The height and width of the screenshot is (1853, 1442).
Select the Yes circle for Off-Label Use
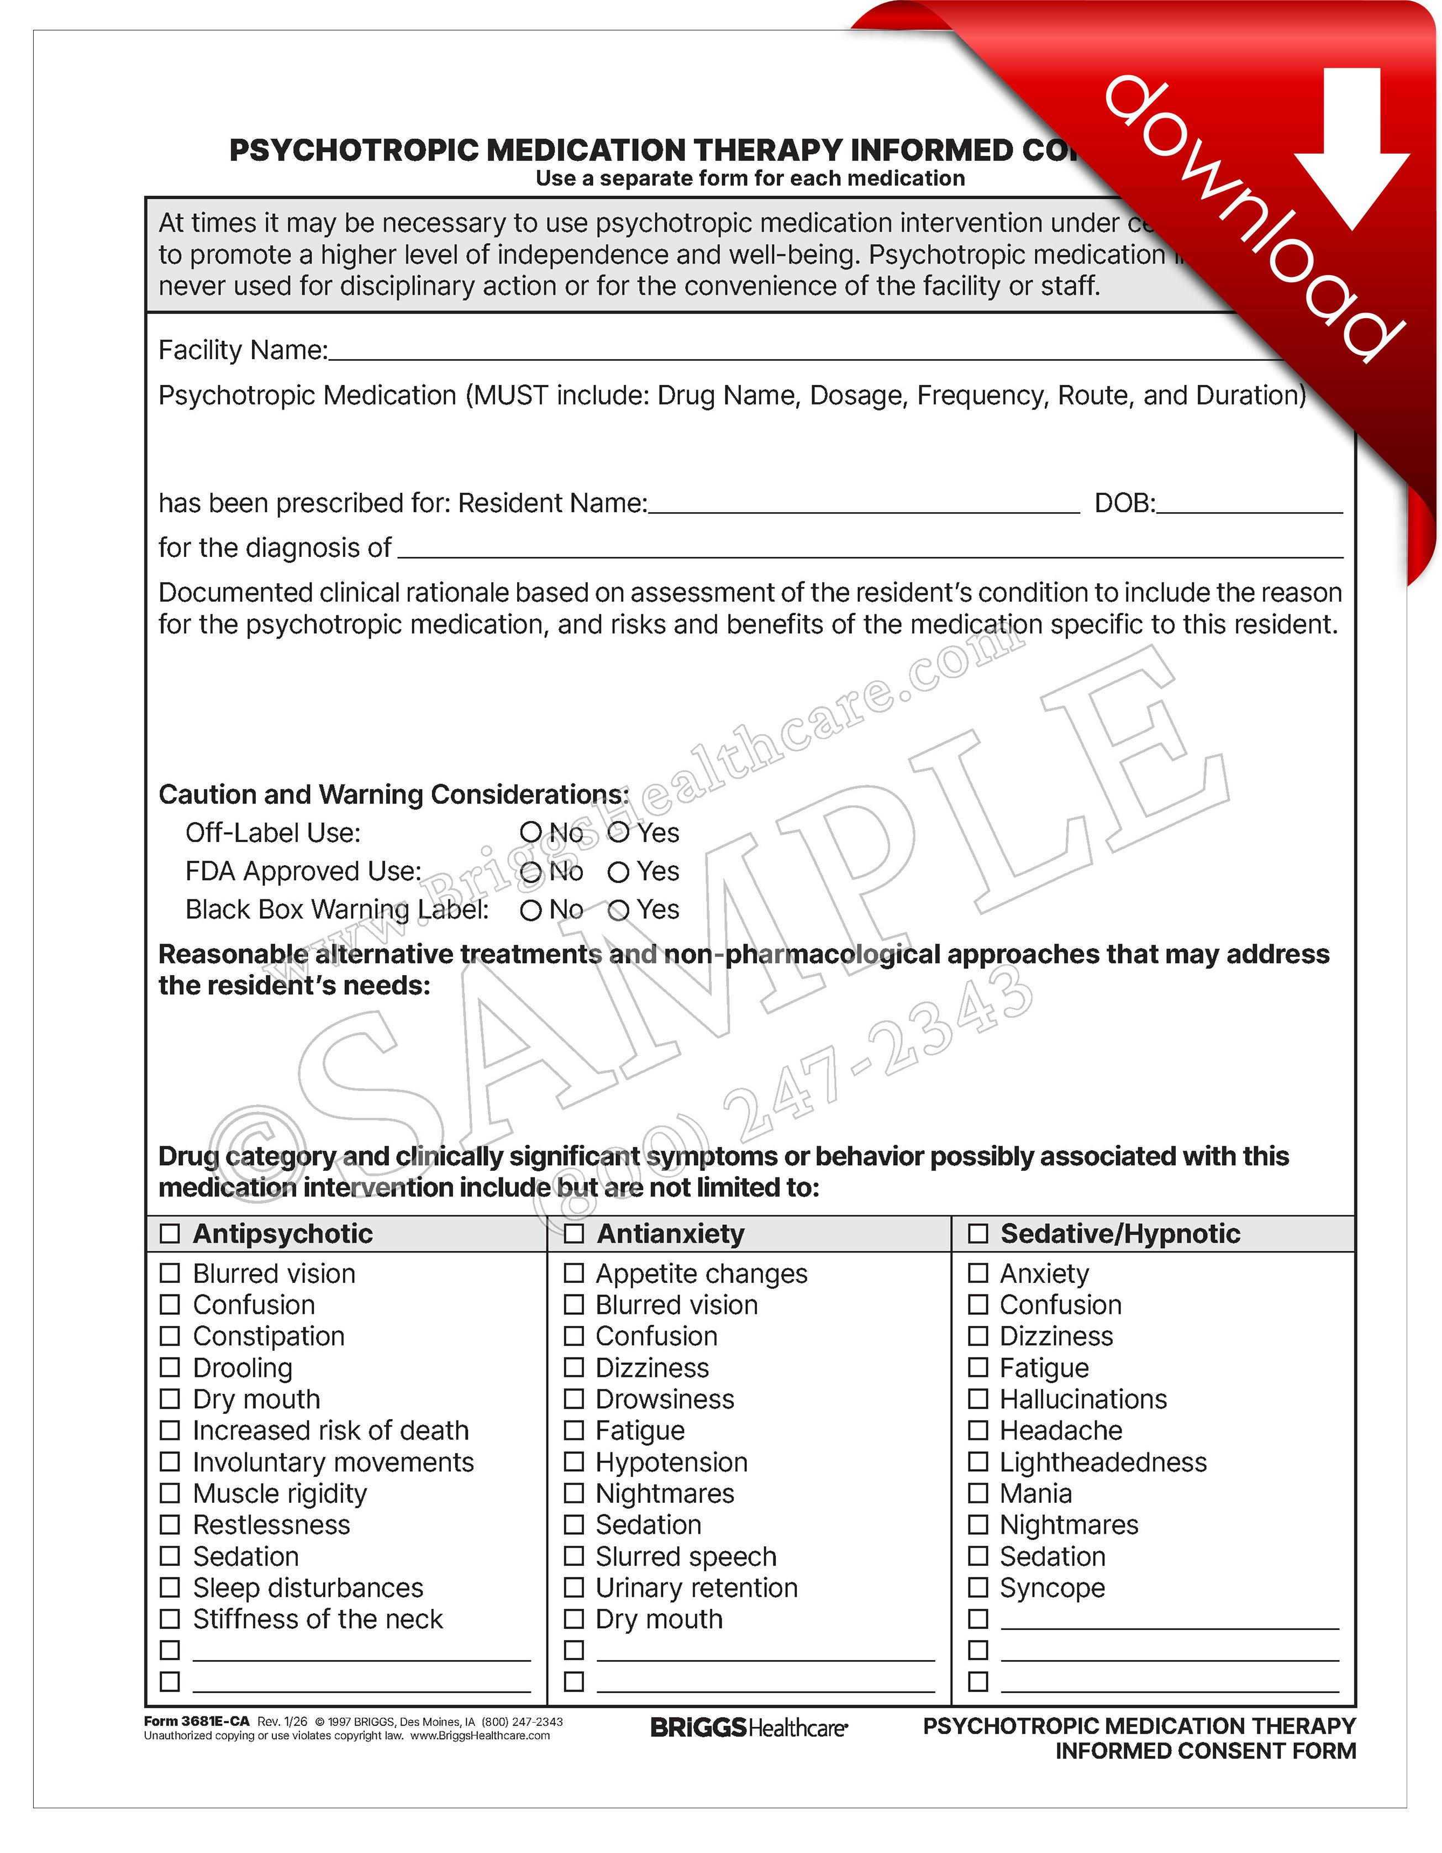(x=618, y=833)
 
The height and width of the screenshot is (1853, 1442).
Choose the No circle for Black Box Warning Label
(x=531, y=910)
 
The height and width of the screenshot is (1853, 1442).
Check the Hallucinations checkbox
(x=978, y=1398)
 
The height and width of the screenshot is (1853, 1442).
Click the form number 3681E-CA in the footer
(x=197, y=1720)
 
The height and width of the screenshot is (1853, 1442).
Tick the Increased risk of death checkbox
(x=170, y=1430)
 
